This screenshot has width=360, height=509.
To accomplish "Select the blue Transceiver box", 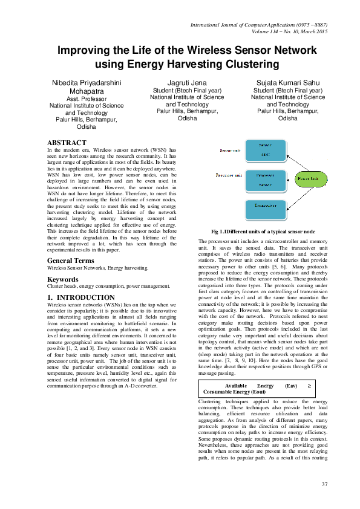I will [x=264, y=209].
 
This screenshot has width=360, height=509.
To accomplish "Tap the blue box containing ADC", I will [x=264, y=151].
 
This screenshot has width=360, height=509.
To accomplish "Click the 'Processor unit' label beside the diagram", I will [x=229, y=175].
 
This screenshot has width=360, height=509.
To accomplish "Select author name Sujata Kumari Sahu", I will [x=288, y=82].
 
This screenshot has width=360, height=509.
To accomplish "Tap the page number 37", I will [x=324, y=484].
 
